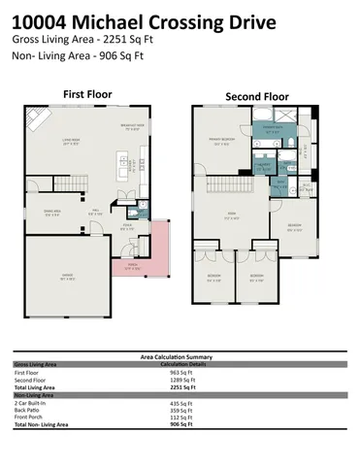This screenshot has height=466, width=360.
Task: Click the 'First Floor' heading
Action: [87, 94]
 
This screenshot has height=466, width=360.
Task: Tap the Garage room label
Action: [68, 279]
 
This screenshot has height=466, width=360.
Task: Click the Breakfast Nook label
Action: [132, 127]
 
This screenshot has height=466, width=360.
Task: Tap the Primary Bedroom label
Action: [221, 142]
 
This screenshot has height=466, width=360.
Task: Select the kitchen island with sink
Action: [124, 161]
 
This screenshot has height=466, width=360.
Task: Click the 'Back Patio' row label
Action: [29, 410]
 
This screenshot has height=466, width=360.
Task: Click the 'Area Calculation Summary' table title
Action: [180, 356]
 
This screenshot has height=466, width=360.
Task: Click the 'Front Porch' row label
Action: [30, 416]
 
